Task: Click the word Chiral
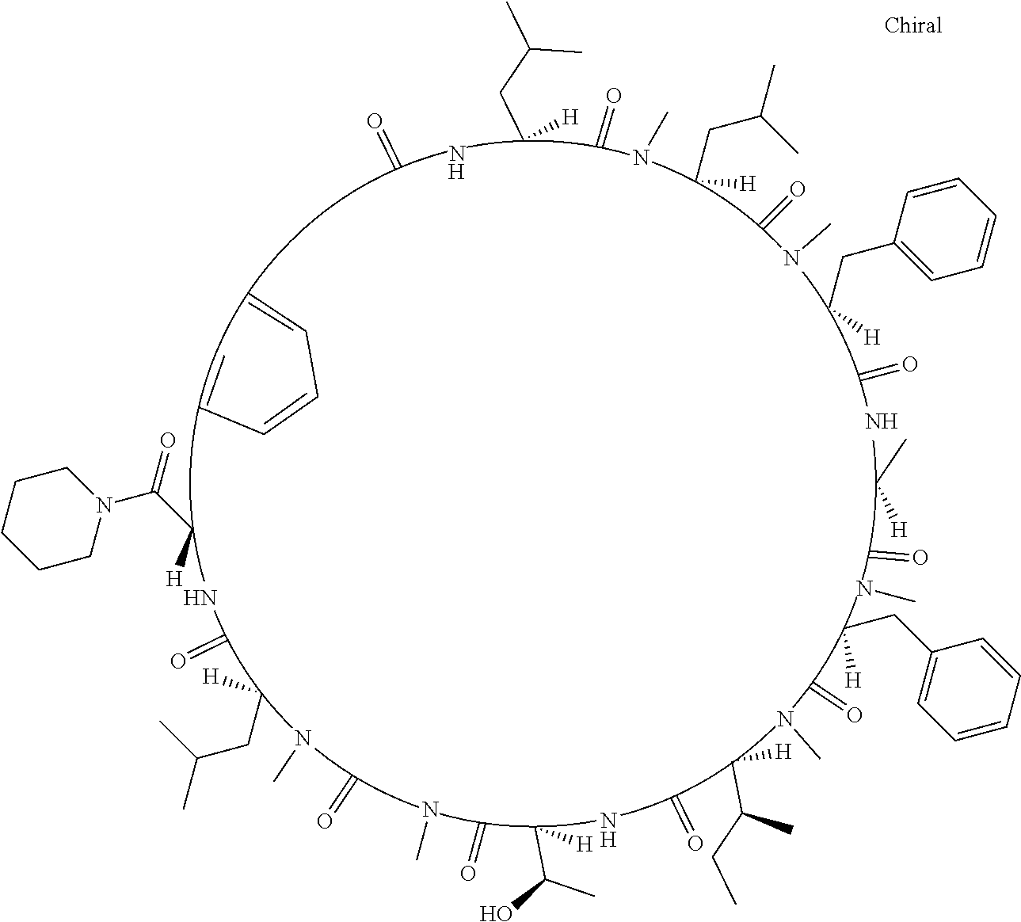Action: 913,26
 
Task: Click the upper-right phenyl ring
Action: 949,229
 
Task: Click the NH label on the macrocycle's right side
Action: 882,421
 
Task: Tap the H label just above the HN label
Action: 174,579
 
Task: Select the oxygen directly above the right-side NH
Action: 909,365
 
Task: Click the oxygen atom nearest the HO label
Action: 468,874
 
